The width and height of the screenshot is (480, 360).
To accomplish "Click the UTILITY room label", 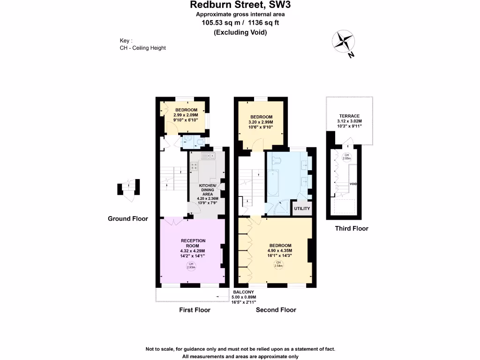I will tap(302, 208).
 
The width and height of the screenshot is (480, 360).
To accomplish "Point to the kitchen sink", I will tap(207, 156).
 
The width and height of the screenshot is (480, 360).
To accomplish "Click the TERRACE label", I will tap(349, 116).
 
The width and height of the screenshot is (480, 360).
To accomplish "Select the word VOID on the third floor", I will tap(353, 184).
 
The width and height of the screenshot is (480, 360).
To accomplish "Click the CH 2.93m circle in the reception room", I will tap(191, 266).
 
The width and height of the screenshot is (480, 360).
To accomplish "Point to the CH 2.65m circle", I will tap(346, 157).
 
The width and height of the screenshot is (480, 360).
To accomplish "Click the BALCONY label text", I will tap(244, 292).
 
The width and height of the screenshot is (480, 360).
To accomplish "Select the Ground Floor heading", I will tap(128, 218).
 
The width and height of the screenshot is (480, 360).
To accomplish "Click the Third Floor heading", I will tap(352, 229).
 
